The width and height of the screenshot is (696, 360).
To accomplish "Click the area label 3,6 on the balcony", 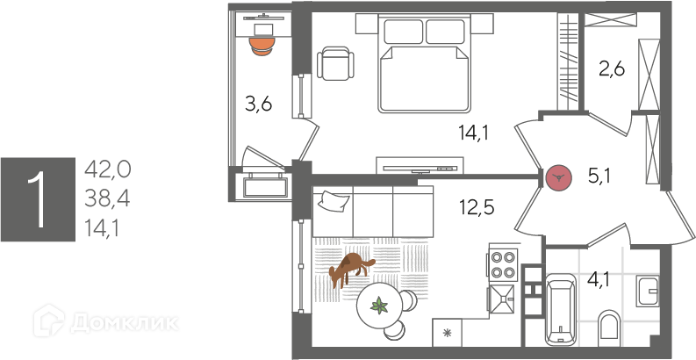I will pyautogui.click(x=258, y=105).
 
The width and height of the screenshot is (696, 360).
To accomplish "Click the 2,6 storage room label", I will pyautogui.click(x=611, y=68).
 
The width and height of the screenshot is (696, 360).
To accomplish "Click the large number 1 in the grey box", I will pyautogui.click(x=36, y=199).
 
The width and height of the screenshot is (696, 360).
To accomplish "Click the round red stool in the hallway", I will pyautogui.click(x=558, y=178).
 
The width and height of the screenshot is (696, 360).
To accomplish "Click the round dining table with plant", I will pyautogui.click(x=380, y=306).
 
